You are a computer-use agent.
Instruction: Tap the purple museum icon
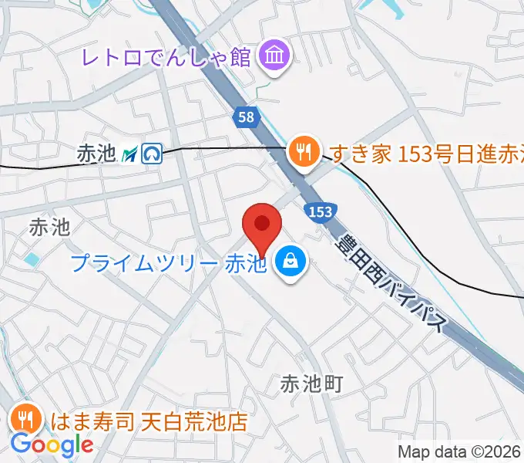274,56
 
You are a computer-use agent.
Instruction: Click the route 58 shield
244,117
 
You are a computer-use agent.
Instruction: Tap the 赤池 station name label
96,154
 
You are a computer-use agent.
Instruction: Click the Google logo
52,444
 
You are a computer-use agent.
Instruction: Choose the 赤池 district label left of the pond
49,227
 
